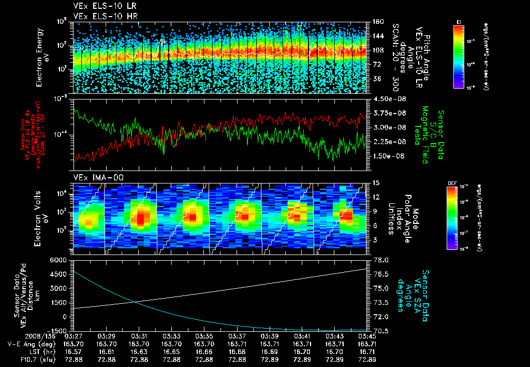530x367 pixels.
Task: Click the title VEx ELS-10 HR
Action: coord(100,16)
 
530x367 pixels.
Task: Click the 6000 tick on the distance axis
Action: coord(58,259)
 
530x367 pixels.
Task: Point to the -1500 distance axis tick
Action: coord(57,331)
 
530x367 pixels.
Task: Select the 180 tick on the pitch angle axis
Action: coord(377,22)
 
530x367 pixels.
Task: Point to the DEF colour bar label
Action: coord(458,183)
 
